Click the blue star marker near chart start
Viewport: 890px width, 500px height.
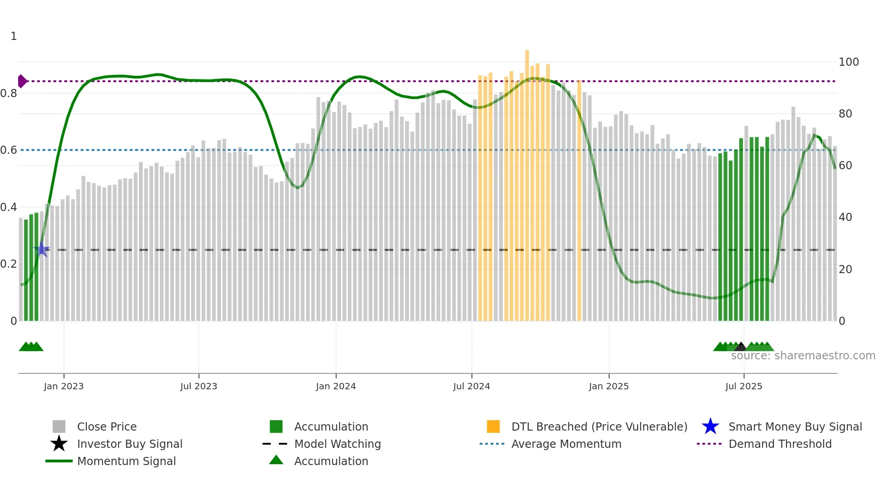pos(42,249)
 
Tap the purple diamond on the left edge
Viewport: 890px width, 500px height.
pos(22,81)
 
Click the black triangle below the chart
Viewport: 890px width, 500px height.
pos(741,347)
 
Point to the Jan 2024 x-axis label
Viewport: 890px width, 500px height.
pos(336,386)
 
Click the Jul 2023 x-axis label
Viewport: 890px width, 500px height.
pos(198,386)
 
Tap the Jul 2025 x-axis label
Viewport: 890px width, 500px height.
pos(743,386)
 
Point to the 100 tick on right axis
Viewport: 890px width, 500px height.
pos(848,62)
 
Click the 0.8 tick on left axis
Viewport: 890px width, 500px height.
pos(9,93)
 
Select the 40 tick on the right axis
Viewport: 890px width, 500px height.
pos(845,217)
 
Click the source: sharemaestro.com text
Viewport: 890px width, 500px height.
pos(803,355)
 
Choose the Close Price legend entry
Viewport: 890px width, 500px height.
pos(107,426)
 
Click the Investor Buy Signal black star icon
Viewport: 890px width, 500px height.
pos(59,444)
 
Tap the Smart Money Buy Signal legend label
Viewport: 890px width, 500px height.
pos(795,426)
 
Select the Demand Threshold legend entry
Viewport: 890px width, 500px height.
pos(780,444)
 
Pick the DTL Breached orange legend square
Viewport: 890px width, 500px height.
pos(493,426)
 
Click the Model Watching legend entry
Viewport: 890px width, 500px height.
pos(337,444)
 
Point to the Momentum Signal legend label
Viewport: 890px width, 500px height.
pos(126,461)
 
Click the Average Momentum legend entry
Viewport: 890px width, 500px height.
pos(566,444)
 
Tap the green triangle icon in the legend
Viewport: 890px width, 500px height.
pos(276,460)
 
